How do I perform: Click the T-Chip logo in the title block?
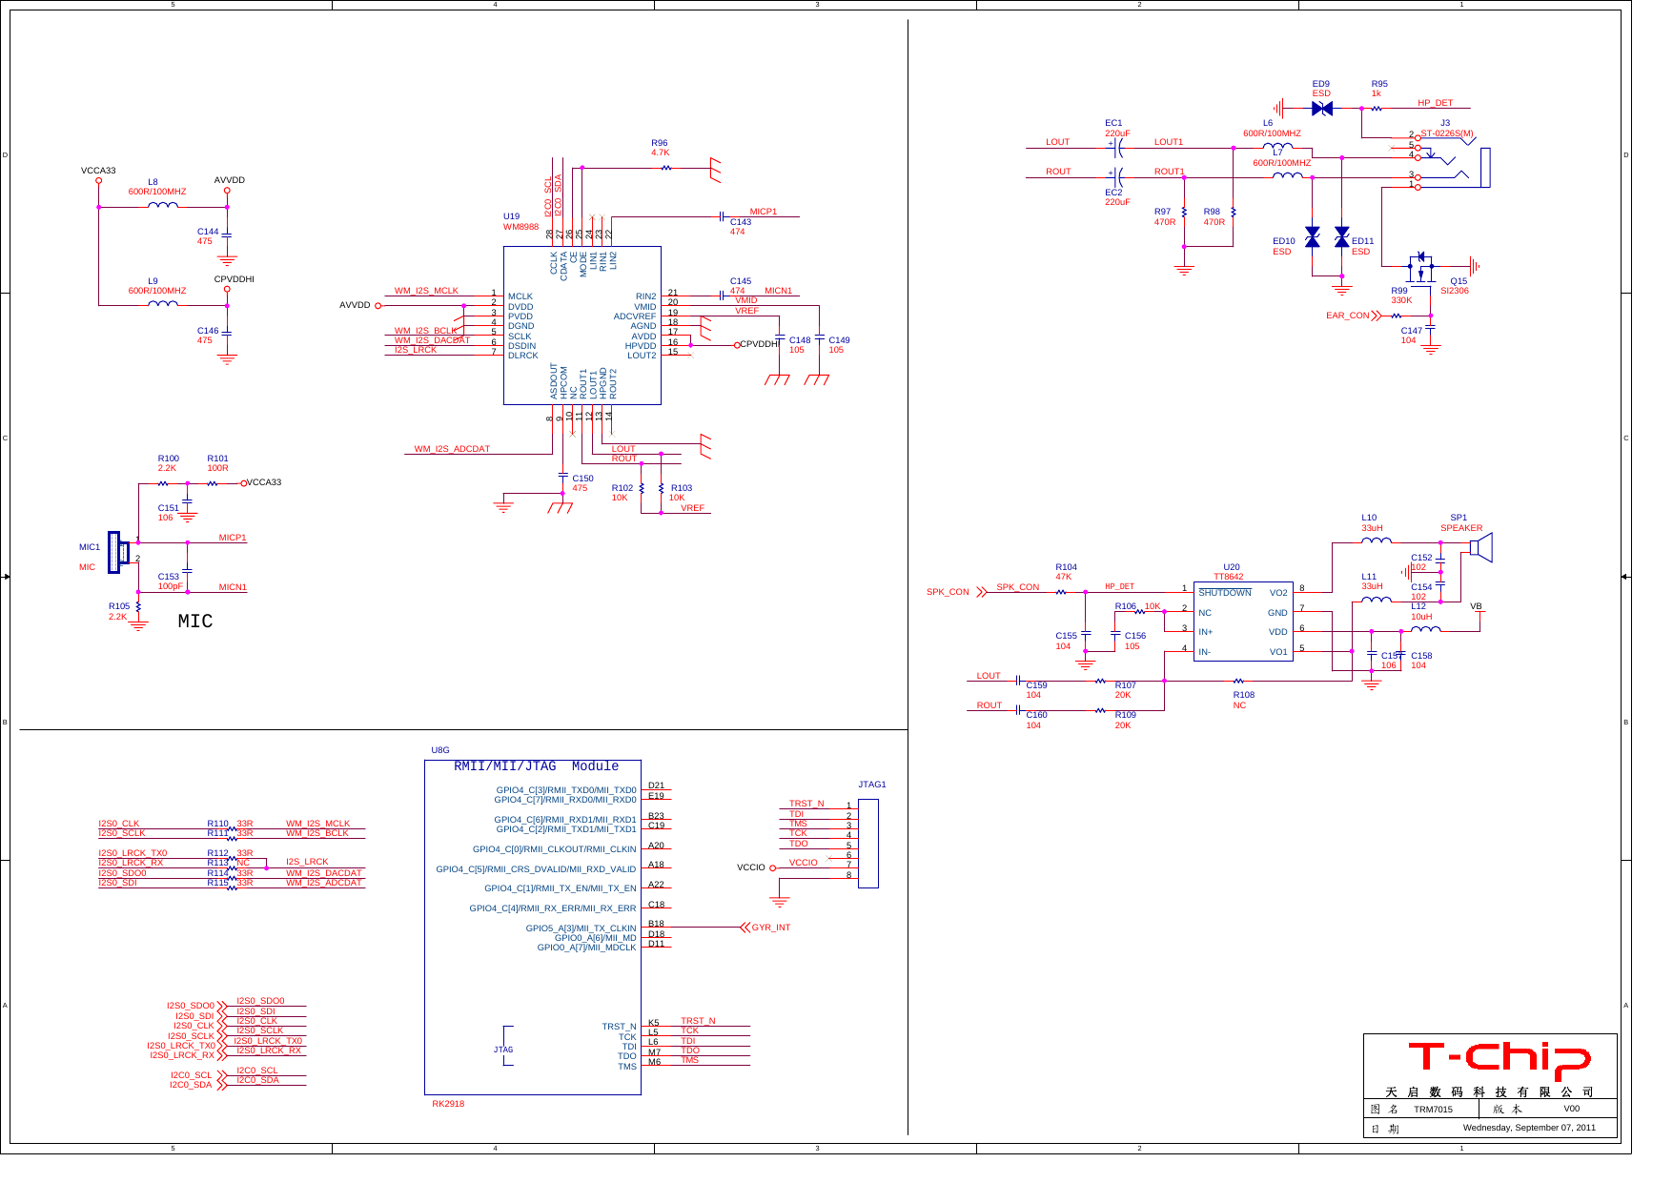[x=1499, y=1058]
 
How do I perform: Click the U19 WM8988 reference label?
[x=520, y=221]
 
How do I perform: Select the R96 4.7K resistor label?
[x=660, y=148]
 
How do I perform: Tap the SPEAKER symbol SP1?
[x=1480, y=547]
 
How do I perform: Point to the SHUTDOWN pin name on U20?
[x=1224, y=593]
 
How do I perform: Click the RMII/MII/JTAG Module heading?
[x=536, y=766]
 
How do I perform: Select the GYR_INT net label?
[x=770, y=928]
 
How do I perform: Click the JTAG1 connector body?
[x=867, y=843]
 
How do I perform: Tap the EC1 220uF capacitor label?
[x=1116, y=128]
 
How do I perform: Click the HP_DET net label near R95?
[x=1435, y=103]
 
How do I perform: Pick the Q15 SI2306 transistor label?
[x=1456, y=286]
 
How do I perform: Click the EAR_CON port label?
[x=1347, y=316]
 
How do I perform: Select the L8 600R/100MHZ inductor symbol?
[x=163, y=204]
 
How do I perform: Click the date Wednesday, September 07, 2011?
[x=1528, y=1128]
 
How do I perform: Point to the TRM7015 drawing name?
[x=1433, y=1110]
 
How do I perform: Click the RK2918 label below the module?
[x=448, y=1104]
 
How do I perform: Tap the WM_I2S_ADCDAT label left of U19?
[x=452, y=449]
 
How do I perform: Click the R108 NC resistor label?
[x=1242, y=700]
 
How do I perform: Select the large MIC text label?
[x=195, y=622]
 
